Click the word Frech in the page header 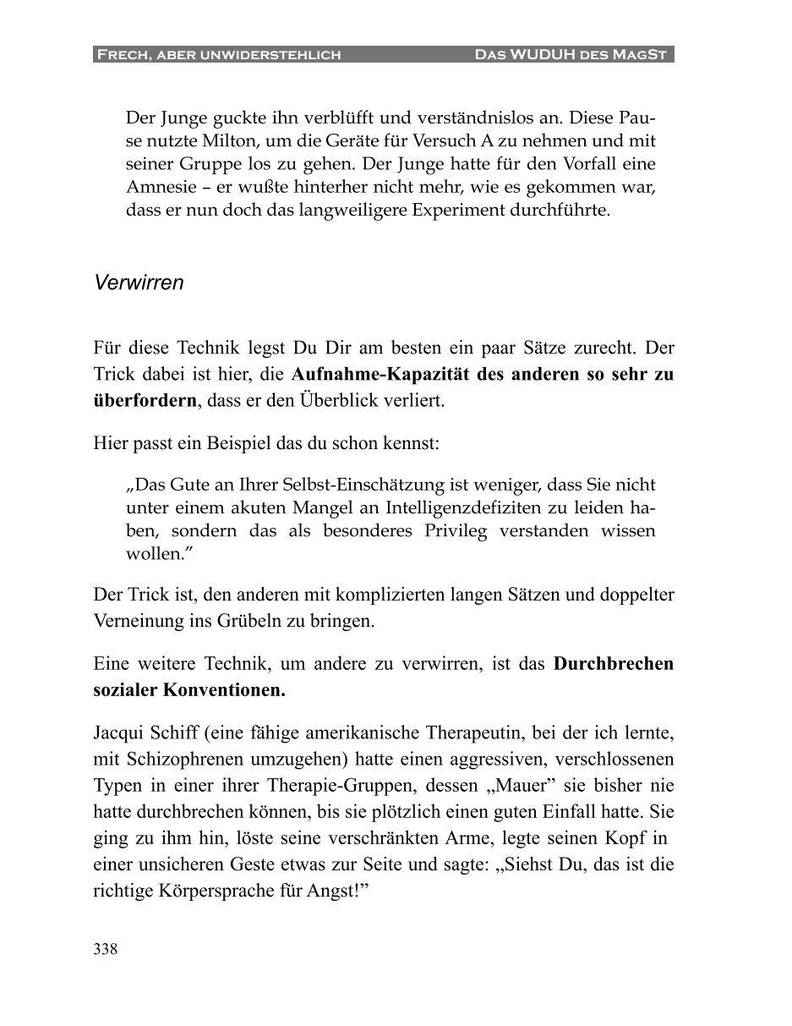point(119,56)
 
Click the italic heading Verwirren point(139,283)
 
